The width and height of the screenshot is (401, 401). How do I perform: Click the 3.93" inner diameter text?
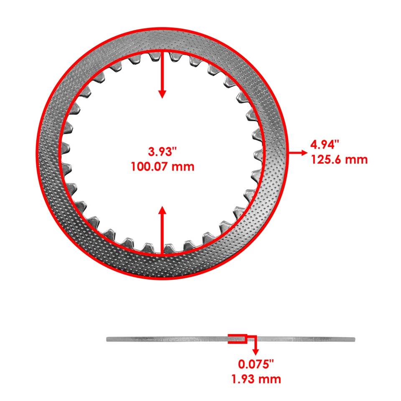(162, 150)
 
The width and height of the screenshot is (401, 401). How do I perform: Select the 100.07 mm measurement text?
(162, 167)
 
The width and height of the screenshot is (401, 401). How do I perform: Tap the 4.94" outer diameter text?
(325, 145)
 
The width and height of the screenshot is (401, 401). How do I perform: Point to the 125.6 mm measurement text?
(339, 159)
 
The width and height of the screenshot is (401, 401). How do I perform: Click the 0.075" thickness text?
(256, 364)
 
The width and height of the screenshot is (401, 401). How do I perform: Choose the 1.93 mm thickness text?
(256, 379)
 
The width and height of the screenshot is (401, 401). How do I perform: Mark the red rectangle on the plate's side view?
(236, 338)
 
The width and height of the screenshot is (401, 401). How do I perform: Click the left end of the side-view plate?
(109, 339)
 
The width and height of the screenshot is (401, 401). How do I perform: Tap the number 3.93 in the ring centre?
(158, 150)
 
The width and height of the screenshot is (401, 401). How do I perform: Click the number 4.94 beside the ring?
(322, 145)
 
